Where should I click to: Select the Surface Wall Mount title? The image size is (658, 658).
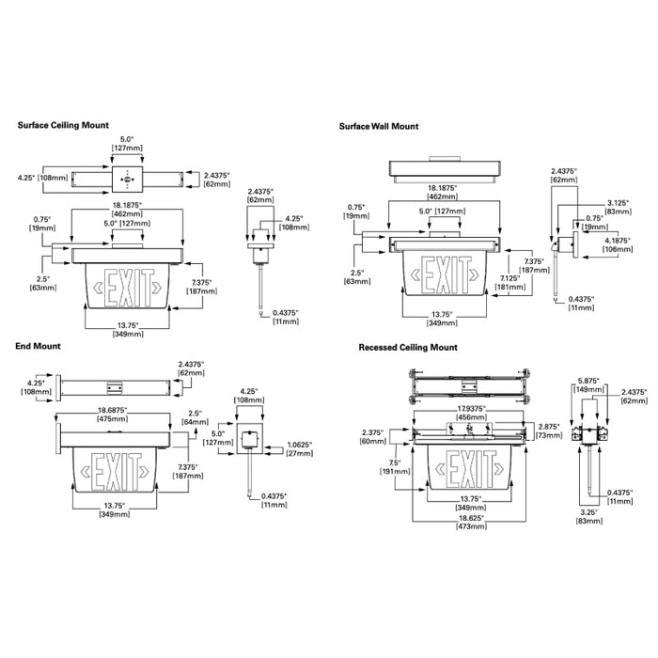coord(380,126)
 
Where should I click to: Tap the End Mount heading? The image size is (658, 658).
coord(39,346)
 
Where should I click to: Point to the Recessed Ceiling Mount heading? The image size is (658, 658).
coord(408,347)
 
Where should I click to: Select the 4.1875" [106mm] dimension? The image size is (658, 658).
coord(619,245)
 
